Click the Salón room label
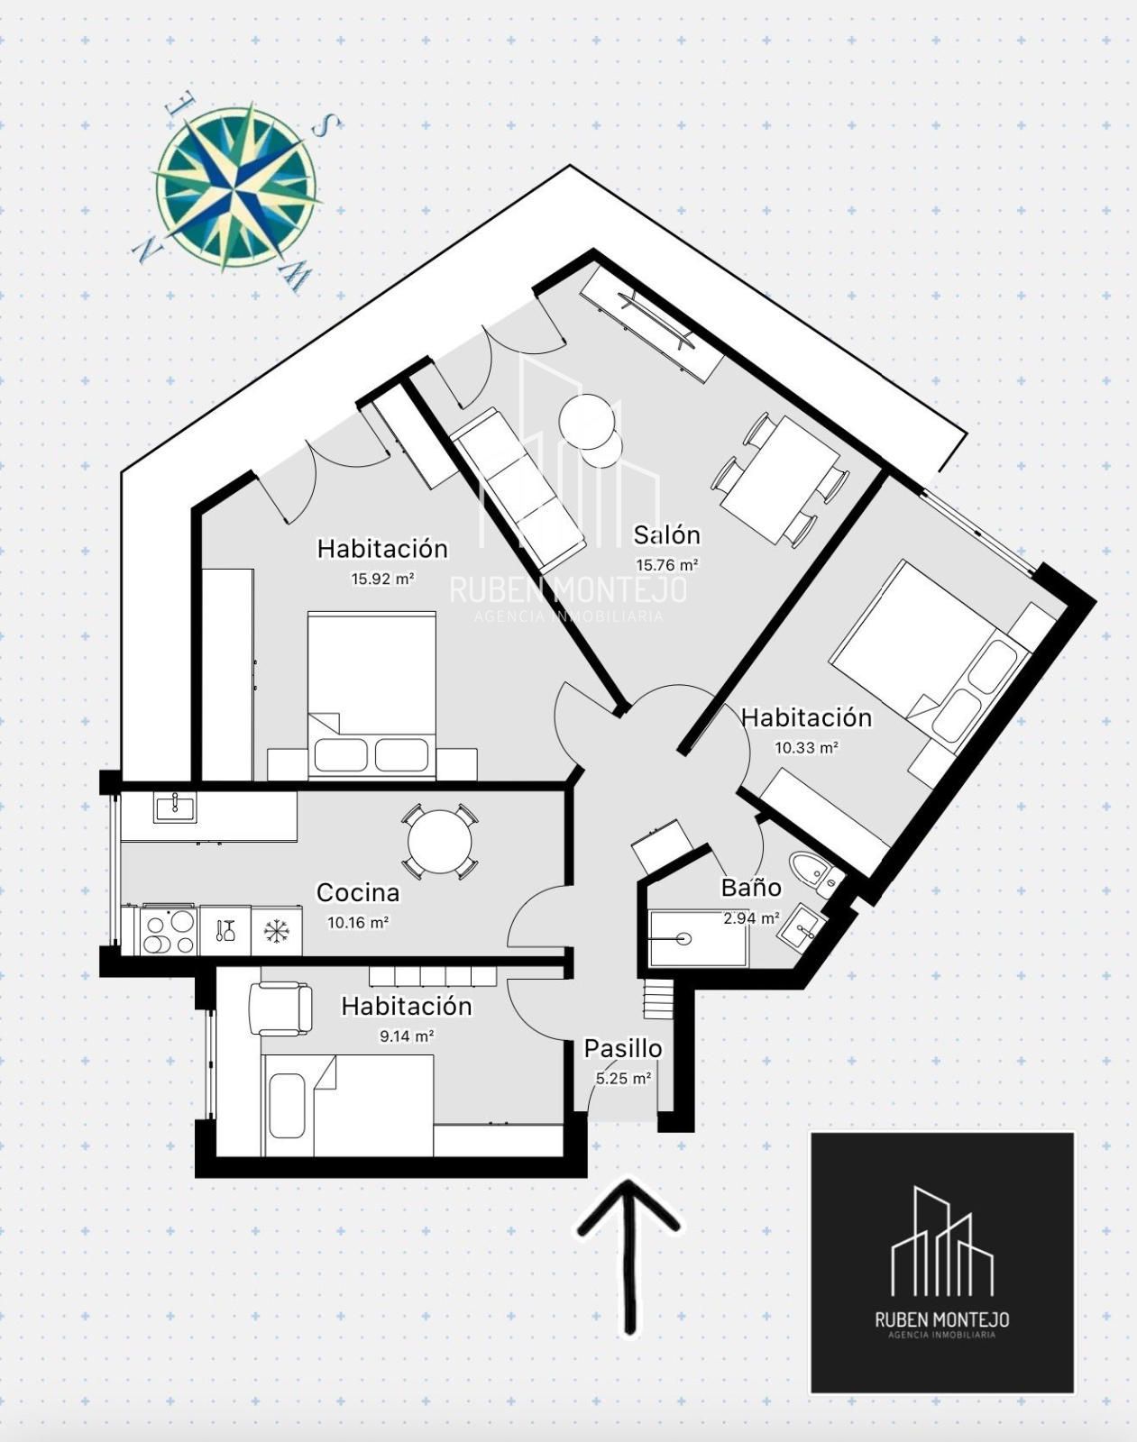pos(666,534)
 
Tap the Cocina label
pos(358,892)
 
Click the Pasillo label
pos(623,1049)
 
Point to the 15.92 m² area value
pos(383,579)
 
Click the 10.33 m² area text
pos(806,747)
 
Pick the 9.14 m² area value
pos(407,1036)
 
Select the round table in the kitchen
pos(440,842)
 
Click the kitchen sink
pos(174,808)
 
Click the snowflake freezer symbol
pos(276,930)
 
